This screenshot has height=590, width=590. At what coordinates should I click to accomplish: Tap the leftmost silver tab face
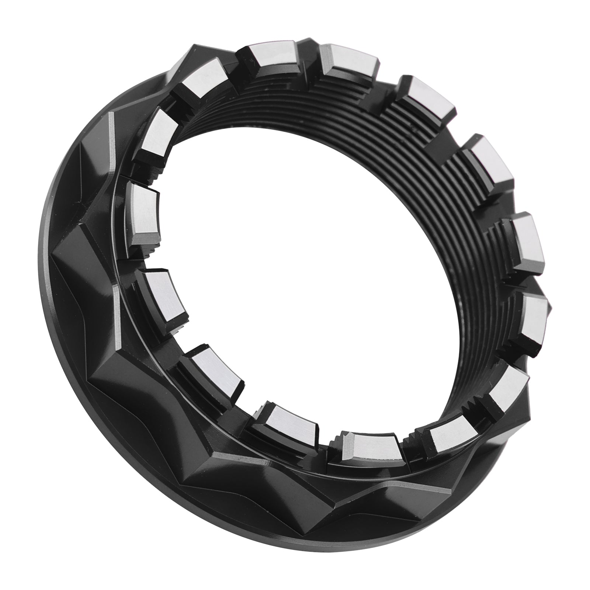[144, 210]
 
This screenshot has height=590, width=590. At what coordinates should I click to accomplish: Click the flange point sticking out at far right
[549, 306]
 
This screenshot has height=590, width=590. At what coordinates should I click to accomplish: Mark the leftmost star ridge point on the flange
[52, 254]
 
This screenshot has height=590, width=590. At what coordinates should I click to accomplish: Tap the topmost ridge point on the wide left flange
[111, 114]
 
